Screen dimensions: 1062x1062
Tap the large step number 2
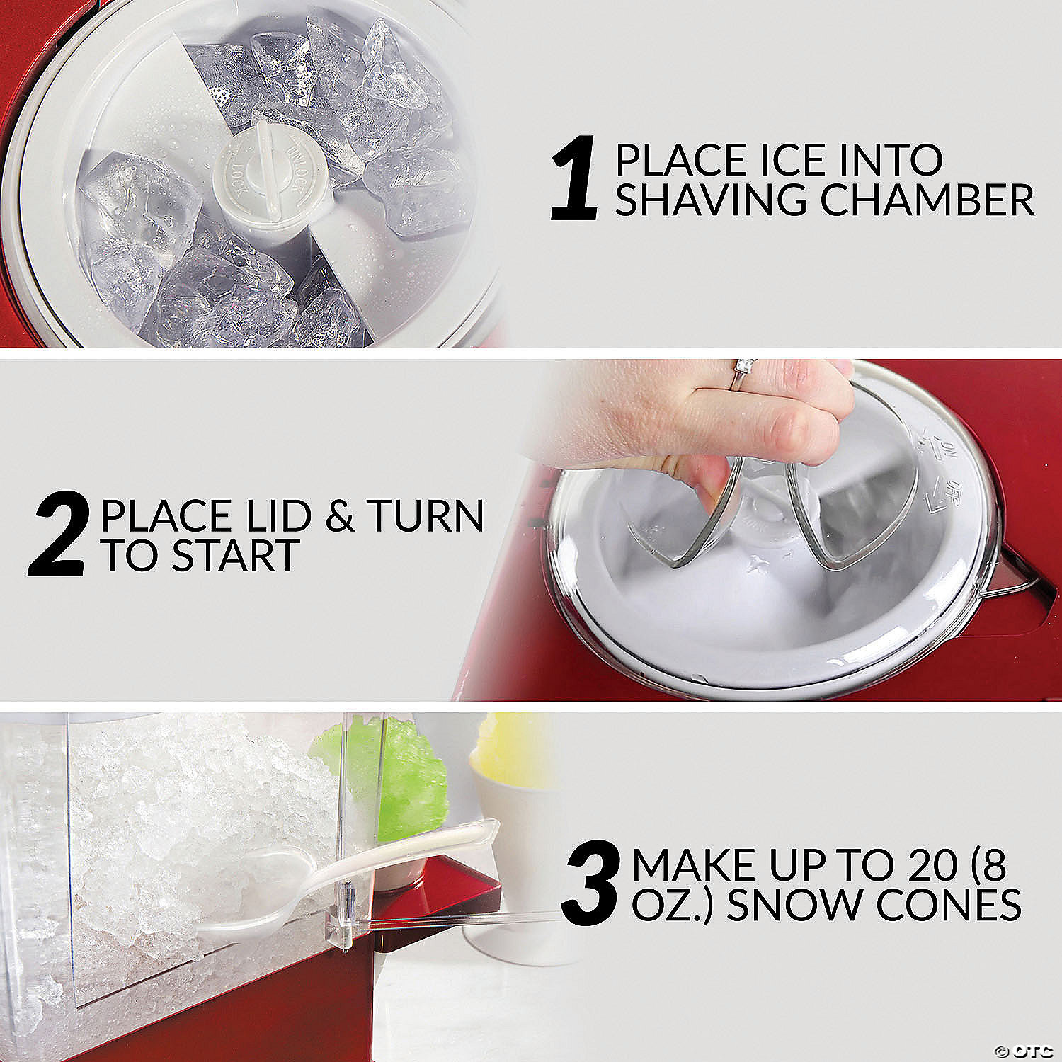click(x=59, y=535)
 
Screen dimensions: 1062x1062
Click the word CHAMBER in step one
click(x=927, y=200)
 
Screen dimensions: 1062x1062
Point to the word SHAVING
click(x=712, y=200)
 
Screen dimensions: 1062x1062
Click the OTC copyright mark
click(x=1020, y=1049)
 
